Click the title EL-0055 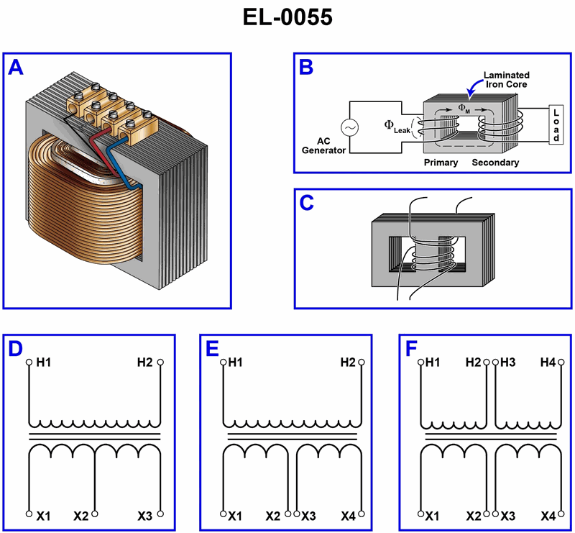[287, 18]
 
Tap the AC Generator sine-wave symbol [350, 128]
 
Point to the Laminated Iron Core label [506, 80]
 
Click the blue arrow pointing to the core [474, 89]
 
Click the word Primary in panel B [441, 163]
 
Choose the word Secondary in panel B [495, 163]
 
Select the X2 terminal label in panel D [81, 516]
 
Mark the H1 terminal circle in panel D [29, 362]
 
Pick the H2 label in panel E [347, 363]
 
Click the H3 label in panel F [508, 363]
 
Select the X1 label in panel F [433, 516]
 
